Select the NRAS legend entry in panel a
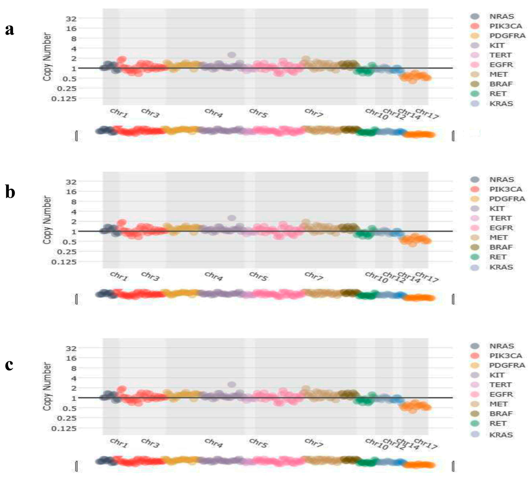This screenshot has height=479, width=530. [x=501, y=16]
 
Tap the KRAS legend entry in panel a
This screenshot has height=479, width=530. [x=501, y=104]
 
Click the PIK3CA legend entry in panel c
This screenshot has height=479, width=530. [x=505, y=356]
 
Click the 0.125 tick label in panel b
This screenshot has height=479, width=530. [x=64, y=262]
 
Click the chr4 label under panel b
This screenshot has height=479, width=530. [x=214, y=276]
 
